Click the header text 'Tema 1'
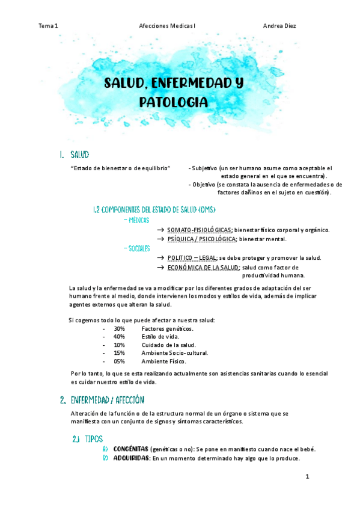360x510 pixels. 48,26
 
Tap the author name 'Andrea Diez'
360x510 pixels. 279,26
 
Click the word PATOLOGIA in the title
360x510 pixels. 174,102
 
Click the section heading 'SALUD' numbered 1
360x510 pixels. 80,155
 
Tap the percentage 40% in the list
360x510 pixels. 119,337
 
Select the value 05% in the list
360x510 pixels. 119,361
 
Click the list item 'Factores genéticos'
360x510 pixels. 168,329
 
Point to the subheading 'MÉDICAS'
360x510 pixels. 138,221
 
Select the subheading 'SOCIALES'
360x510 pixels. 138,248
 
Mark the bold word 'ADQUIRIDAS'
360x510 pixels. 131,458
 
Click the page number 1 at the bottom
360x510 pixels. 307,477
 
